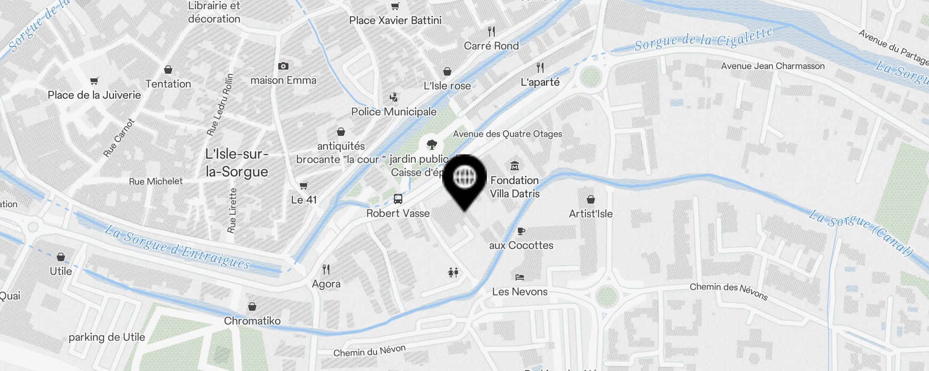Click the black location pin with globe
tap(464, 179)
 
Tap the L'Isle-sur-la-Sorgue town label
tap(237, 163)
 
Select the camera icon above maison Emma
tap(283, 66)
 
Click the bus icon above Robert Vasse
tap(398, 199)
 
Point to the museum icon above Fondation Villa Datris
tap(515, 166)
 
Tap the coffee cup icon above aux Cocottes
tap(521, 231)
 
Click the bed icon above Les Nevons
tap(520, 277)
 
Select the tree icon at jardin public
tap(432, 145)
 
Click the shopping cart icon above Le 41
tap(304, 186)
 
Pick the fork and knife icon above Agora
tap(326, 269)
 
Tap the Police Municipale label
tap(394, 112)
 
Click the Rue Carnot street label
tap(119, 138)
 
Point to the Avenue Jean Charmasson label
tap(772, 66)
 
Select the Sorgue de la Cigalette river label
tap(703, 39)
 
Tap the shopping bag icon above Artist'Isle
tap(591, 199)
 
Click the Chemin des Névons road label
tap(728, 290)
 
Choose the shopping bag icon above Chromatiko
tap(252, 307)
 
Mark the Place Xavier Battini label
tap(395, 20)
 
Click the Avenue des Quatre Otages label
tap(507, 134)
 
